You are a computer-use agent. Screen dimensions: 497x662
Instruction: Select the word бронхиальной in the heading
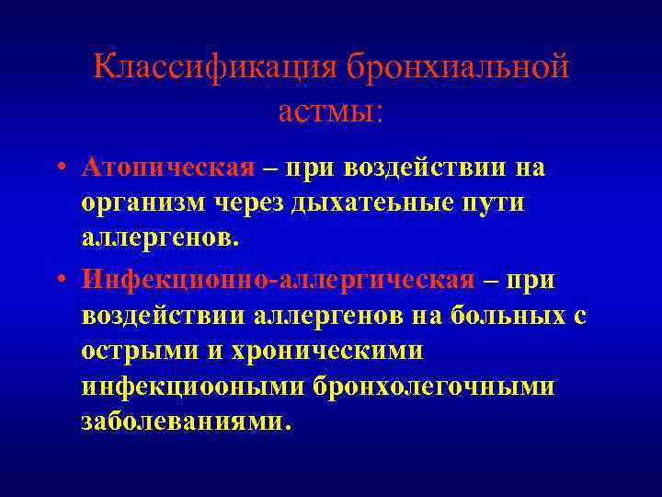[458, 68]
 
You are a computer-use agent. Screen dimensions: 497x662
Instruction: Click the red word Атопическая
[167, 168]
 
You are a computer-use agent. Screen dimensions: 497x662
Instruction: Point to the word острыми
[132, 351]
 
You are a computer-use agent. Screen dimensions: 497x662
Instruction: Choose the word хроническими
[325, 351]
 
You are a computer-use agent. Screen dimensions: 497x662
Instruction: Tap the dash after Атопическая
[271, 168]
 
